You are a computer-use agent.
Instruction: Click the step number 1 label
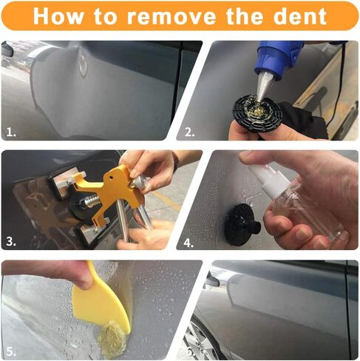tap(10, 132)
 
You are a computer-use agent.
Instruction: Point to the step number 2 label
tap(190, 132)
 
